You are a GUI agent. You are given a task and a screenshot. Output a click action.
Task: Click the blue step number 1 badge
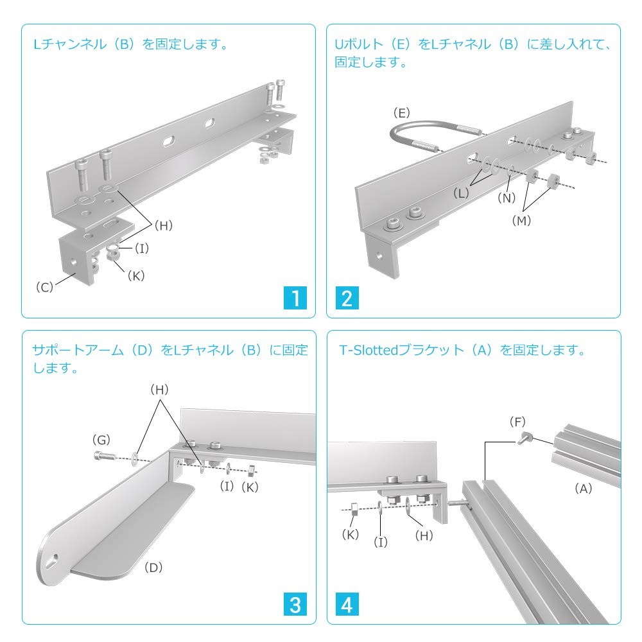[x=295, y=298]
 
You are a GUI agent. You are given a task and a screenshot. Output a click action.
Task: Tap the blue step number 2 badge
[x=347, y=298]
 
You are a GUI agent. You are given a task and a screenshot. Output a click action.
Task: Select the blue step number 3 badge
[x=295, y=604]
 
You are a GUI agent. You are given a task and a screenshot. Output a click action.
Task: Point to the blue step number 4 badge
[x=347, y=604]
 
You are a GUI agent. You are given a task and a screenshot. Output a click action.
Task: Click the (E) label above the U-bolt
[x=401, y=112]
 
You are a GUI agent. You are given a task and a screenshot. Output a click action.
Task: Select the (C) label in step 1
[x=45, y=287]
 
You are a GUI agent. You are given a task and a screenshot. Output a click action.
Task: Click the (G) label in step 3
[x=101, y=440]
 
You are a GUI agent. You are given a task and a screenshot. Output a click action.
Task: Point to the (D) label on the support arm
[x=153, y=567]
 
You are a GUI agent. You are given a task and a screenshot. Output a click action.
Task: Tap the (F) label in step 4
[x=517, y=422]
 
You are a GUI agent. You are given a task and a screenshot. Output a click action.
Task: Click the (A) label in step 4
[x=583, y=488]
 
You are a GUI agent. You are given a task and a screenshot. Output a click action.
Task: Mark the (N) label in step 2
[x=507, y=198]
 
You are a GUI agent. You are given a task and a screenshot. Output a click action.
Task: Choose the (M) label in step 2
[x=521, y=220]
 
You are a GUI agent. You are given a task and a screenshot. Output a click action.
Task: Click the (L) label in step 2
[x=461, y=193]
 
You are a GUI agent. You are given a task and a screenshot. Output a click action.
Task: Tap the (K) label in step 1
[x=136, y=275]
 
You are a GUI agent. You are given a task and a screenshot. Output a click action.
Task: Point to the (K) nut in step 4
[x=354, y=509]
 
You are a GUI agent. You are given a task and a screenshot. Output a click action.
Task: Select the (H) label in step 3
[x=160, y=390]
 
